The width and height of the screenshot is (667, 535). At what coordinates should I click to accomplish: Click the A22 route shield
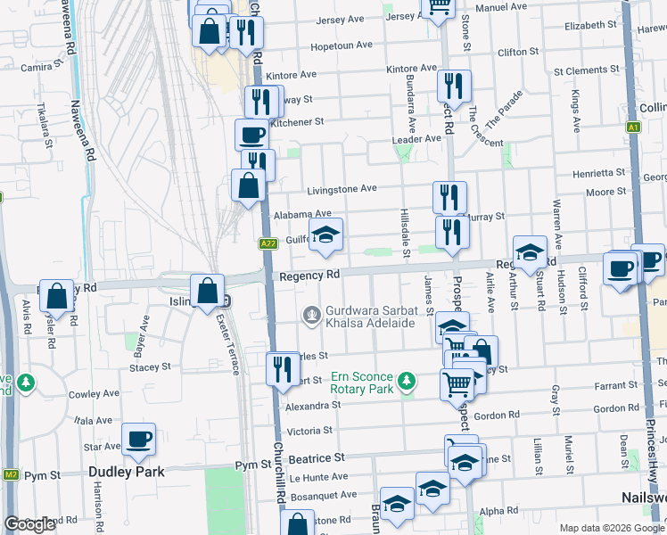[x=268, y=243]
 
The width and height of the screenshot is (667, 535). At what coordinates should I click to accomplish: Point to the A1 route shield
[x=633, y=128]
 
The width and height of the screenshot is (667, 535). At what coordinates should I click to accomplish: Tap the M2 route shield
[x=10, y=473]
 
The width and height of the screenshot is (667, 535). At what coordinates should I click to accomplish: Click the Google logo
[x=29, y=523]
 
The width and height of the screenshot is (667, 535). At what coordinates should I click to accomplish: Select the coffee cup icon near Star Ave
[x=138, y=439]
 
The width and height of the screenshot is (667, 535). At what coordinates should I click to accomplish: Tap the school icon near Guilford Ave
[x=326, y=235]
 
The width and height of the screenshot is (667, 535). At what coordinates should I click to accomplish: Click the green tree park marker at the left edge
[x=26, y=383]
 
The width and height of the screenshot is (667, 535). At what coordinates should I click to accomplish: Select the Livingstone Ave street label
[x=342, y=189]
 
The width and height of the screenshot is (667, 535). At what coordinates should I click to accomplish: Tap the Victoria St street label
[x=309, y=431]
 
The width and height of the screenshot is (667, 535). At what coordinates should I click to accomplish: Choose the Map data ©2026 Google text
[x=612, y=528]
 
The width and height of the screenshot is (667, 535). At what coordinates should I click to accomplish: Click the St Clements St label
[x=587, y=70]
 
